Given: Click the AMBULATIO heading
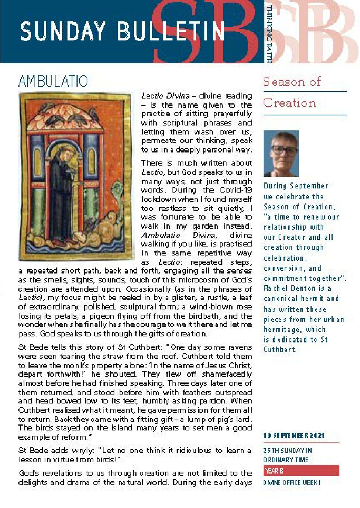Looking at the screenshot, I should pyautogui.click(x=53, y=81).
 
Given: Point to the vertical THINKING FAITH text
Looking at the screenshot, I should pyautogui.click(x=268, y=34).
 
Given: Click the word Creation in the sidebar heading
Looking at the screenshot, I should pyautogui.click(x=289, y=103).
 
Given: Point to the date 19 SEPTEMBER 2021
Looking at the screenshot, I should pyautogui.click(x=294, y=435).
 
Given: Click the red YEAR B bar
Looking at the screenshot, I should pyautogui.click(x=301, y=470).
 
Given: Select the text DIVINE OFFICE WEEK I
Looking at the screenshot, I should pyautogui.click(x=292, y=483).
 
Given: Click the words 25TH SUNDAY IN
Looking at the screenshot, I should pyautogui.click(x=287, y=451).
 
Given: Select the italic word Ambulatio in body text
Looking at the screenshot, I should pyautogui.click(x=160, y=235).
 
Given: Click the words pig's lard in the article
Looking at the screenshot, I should pyautogui.click(x=233, y=419).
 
